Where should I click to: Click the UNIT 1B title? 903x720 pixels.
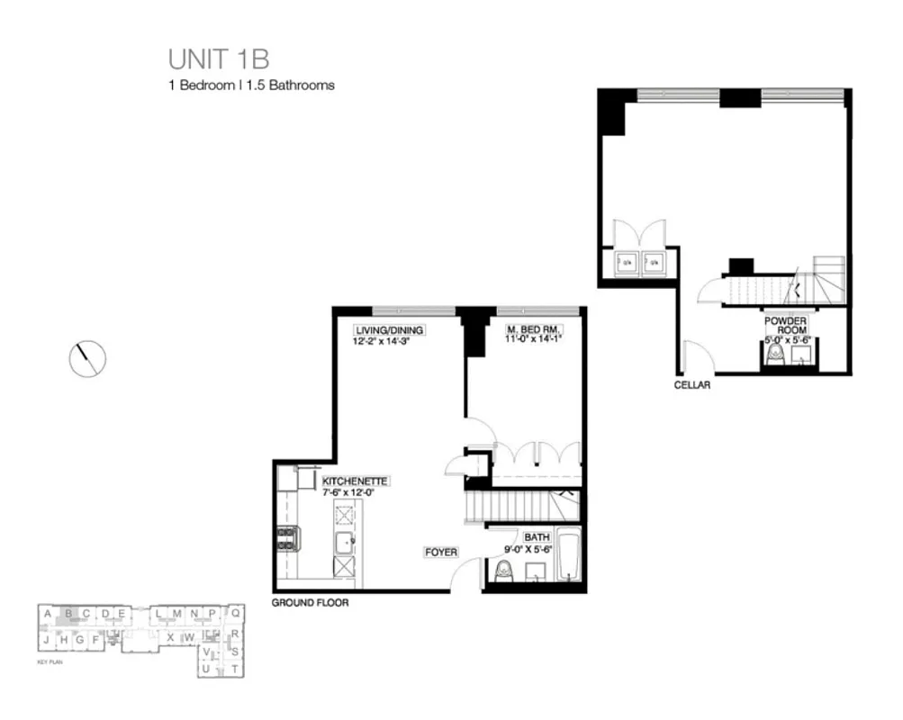[x=219, y=59]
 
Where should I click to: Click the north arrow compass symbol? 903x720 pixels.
[x=87, y=359]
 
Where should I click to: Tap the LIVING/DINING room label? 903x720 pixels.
[x=389, y=330]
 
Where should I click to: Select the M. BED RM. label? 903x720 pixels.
[x=532, y=330]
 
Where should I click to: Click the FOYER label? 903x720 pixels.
[x=442, y=552]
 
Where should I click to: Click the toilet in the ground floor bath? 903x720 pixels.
[x=504, y=571]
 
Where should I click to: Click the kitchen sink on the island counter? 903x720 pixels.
[x=344, y=542]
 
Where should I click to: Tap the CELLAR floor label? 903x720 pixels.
[x=692, y=385]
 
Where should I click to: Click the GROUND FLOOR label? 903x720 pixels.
[x=310, y=603]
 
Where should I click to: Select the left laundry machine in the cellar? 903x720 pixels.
[x=626, y=263]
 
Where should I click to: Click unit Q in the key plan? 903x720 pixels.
[x=234, y=614]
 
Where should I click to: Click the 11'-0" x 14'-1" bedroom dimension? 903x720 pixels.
[x=532, y=339]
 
